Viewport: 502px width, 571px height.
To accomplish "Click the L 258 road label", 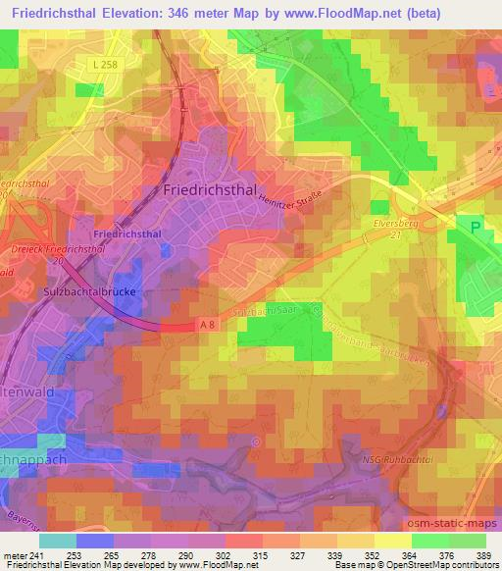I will click(x=94, y=62).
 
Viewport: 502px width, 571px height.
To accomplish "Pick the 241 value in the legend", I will click(x=36, y=554).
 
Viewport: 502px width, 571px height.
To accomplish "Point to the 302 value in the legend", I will click(x=224, y=554).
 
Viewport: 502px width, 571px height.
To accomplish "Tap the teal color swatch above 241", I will click(x=58, y=541).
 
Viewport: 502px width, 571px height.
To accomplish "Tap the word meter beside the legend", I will click(x=14, y=554).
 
